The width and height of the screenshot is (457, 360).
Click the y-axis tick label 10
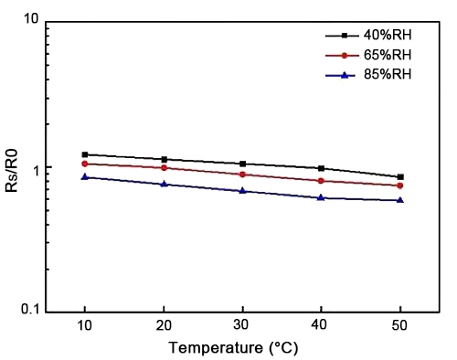[x=28, y=19]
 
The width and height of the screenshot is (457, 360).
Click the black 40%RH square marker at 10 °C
[x=85, y=154]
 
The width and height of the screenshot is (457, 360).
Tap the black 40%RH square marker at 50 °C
[x=400, y=177]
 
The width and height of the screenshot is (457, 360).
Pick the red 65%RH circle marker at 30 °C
[x=242, y=174]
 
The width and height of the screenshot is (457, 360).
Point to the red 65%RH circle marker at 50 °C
[x=400, y=185]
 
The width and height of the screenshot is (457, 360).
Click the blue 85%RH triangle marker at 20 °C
[x=164, y=184]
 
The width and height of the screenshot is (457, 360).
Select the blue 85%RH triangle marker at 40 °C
[x=321, y=197]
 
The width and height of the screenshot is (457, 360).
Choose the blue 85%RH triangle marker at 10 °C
[x=85, y=176]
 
